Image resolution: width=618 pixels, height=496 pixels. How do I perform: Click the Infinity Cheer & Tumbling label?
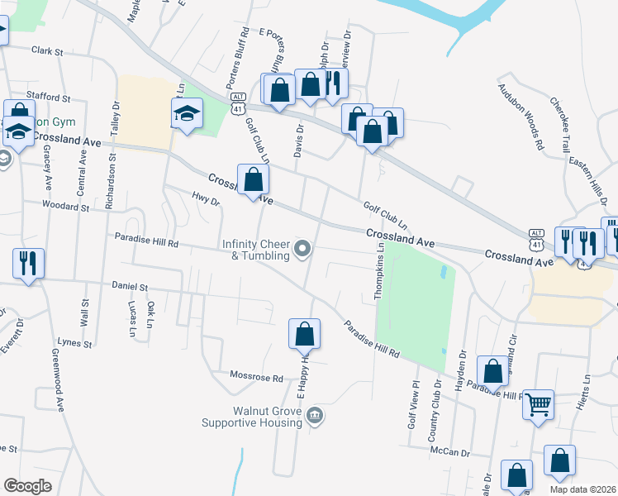[x=255, y=250]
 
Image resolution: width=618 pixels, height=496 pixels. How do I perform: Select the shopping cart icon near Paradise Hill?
[x=538, y=405]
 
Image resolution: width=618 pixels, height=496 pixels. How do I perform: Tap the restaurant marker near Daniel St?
[x=27, y=263]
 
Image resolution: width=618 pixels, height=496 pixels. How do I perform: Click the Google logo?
[x=28, y=485]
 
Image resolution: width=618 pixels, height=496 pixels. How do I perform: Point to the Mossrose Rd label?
[x=256, y=379]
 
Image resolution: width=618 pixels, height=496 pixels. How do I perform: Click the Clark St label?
[x=47, y=51]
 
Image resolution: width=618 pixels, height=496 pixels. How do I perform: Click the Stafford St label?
[x=45, y=96]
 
